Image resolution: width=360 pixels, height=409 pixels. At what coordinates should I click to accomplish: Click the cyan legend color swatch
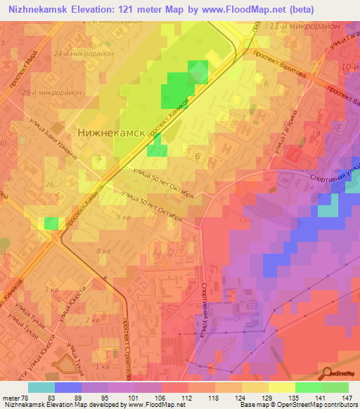(41, 387)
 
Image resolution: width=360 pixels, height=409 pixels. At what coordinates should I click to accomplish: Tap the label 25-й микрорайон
(53, 92)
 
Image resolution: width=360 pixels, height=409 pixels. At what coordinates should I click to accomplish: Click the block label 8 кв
(103, 251)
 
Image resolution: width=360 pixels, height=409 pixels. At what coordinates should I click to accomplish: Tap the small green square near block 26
(51, 223)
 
